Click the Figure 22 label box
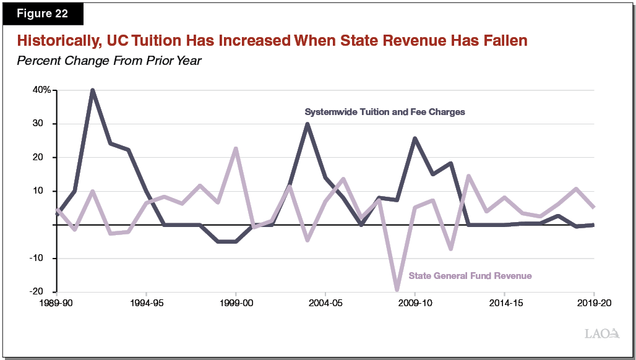click(42, 14)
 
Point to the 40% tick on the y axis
click(41, 90)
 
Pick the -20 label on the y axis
click(43, 292)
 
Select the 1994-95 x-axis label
click(146, 304)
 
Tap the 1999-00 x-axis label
click(236, 304)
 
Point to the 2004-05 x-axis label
click(325, 304)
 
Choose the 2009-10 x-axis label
click(415, 304)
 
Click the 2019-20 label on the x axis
click(594, 304)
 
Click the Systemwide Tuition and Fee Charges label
click(384, 113)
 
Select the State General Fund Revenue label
click(470, 276)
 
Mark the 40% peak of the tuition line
click(92, 90)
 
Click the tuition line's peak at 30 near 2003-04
click(307, 124)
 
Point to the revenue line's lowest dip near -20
click(397, 289)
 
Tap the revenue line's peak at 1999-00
click(236, 148)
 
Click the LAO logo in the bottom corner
click(601, 334)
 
